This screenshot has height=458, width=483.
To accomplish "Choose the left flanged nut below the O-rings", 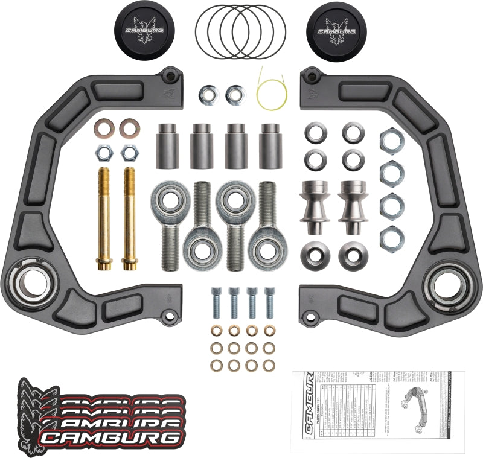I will (206, 94).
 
